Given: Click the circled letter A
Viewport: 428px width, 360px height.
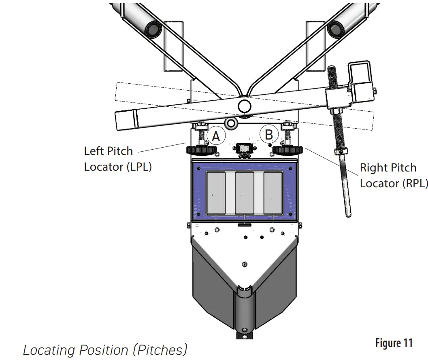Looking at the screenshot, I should pos(216,136).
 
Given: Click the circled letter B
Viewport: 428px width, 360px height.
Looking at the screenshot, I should pos(269,134).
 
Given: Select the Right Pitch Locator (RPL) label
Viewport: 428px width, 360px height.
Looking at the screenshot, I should pos(393,175).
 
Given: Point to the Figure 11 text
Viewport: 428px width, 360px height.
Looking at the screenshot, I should pos(393,343).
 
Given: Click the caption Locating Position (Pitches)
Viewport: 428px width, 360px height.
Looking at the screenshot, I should pos(105,349).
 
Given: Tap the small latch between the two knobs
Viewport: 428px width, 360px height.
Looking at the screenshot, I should pos(243,149).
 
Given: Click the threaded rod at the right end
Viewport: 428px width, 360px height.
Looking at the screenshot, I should pos(338,133).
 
